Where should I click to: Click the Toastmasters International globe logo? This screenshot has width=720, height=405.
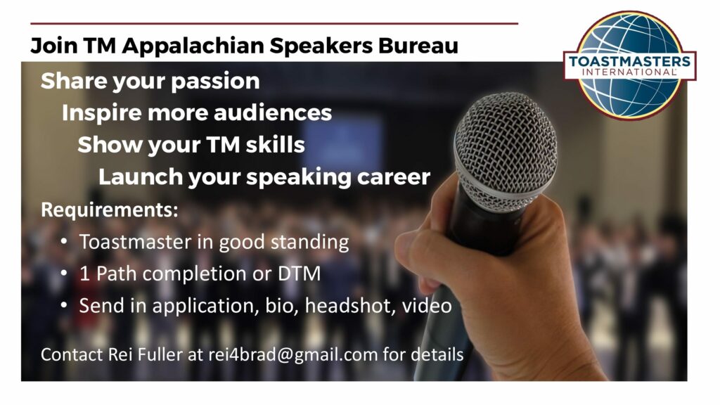pyautogui.click(x=630, y=65)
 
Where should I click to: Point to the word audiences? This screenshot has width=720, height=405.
pyautogui.click(x=273, y=113)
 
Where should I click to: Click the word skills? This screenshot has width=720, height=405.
pyautogui.click(x=275, y=144)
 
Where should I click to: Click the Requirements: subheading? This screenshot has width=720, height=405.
pyautogui.click(x=109, y=210)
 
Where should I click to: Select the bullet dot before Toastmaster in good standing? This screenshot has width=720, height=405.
pyautogui.click(x=64, y=240)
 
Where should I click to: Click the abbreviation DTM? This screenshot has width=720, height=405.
pyautogui.click(x=299, y=274)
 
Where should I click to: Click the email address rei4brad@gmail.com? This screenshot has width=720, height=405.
pyautogui.click(x=293, y=355)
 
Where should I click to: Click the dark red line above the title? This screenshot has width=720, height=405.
pyautogui.click(x=274, y=23)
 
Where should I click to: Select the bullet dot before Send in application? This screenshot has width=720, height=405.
pyautogui.click(x=64, y=305)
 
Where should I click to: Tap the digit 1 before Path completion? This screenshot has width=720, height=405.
pyautogui.click(x=84, y=274)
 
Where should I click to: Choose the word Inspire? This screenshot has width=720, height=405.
pyautogui.click(x=101, y=113)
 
